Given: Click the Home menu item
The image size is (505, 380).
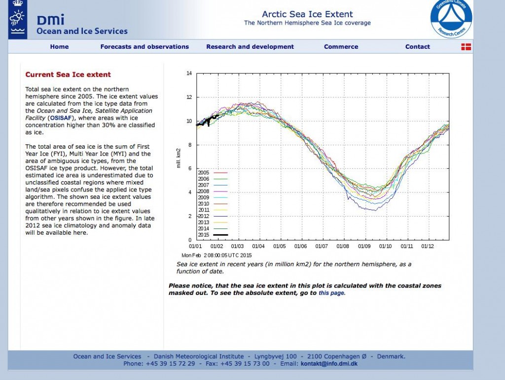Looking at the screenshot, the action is pyautogui.click(x=59, y=47).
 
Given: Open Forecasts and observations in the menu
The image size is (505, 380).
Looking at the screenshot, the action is pyautogui.click(x=144, y=47).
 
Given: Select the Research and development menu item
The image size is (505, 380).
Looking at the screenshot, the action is pyautogui.click(x=250, y=47).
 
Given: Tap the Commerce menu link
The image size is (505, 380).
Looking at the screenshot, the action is pyautogui.click(x=341, y=47).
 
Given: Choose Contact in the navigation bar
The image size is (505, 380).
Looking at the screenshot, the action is pyautogui.click(x=417, y=47).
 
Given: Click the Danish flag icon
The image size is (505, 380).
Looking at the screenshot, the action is pyautogui.click(x=466, y=47).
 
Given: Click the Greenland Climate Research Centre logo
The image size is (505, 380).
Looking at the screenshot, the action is pyautogui.click(x=451, y=18).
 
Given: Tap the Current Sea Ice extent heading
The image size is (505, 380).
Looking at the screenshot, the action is pyautogui.click(x=68, y=75).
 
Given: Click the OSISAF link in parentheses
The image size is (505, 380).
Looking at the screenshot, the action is pyautogui.click(x=61, y=118).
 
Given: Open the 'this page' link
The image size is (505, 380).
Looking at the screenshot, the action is pyautogui.click(x=331, y=293).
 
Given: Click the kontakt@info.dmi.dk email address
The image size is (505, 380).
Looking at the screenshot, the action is pyautogui.click(x=329, y=364).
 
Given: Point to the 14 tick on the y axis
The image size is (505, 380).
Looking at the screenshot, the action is pyautogui.click(x=189, y=73).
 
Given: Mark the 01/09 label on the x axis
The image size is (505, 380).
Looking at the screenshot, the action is pyautogui.click(x=364, y=246).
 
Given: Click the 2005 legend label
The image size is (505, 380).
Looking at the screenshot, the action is pyautogui.click(x=204, y=173).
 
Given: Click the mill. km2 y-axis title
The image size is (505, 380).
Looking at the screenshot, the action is pyautogui.click(x=179, y=158).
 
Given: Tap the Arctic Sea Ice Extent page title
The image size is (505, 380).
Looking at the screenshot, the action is pyautogui.click(x=307, y=14).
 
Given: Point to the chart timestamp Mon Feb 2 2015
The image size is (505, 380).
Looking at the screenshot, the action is pyautogui.click(x=217, y=255).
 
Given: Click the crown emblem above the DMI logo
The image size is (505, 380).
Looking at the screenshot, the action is pyautogui.click(x=18, y=4).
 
